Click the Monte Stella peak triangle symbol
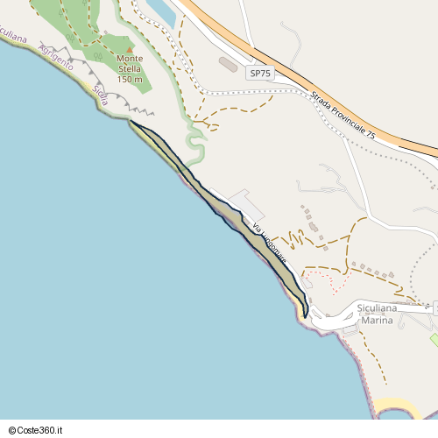click(x=130, y=50)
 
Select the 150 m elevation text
click(x=129, y=79)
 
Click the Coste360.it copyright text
click(x=38, y=430)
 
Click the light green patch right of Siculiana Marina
click(x=434, y=338)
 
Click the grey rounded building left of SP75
click(x=228, y=65)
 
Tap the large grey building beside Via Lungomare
click(x=249, y=205)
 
